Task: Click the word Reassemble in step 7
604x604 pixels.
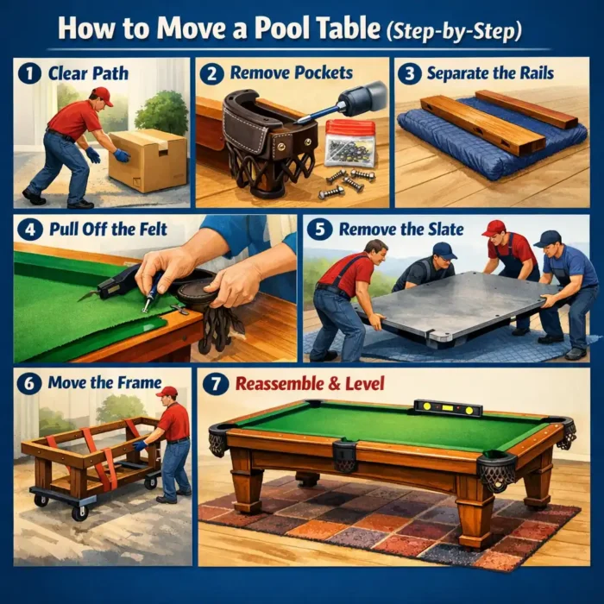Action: pos(280,381)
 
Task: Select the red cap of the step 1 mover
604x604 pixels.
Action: pos(102,95)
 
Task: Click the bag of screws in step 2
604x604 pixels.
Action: pos(349,142)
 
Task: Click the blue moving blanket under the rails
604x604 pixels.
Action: pos(483,147)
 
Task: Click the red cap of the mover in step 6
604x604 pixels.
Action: pos(167,392)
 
